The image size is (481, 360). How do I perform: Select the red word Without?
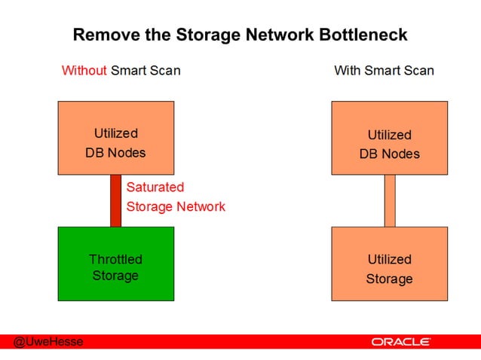pos(84,71)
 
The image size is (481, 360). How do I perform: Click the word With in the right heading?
pos(348,71)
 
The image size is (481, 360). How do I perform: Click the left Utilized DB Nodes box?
pos(115,138)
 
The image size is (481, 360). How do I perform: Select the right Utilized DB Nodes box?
pos(389,138)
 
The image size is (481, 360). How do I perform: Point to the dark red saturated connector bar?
pos(115,200)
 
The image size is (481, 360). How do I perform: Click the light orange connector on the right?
pos(390,200)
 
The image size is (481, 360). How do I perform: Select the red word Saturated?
pos(155,187)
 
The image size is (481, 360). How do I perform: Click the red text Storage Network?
pos(176,206)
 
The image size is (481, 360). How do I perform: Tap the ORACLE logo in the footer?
pos(400,342)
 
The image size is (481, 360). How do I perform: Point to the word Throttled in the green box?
pos(115,259)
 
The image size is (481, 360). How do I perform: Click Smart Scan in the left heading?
pos(146,71)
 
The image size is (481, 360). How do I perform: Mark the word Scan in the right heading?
pos(418,71)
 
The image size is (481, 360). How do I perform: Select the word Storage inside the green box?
pos(115,276)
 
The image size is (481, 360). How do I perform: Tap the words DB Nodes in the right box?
pos(389,154)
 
